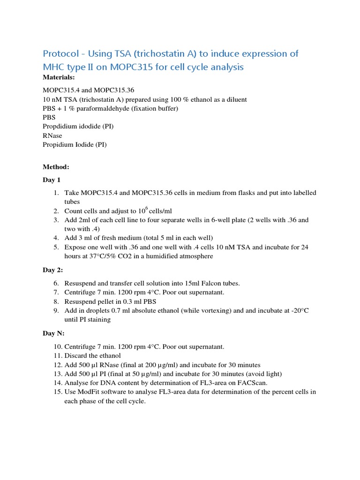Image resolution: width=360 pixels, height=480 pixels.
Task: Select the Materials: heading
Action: [59, 77]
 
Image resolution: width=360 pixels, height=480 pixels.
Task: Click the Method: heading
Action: [56, 167]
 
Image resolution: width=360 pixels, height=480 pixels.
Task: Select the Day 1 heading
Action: [52, 180]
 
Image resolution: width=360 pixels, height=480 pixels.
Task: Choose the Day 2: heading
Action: [52, 270]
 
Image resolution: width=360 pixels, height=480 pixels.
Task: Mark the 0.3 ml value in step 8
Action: [135, 301]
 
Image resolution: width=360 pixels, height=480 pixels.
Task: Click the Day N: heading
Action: [53, 333]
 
